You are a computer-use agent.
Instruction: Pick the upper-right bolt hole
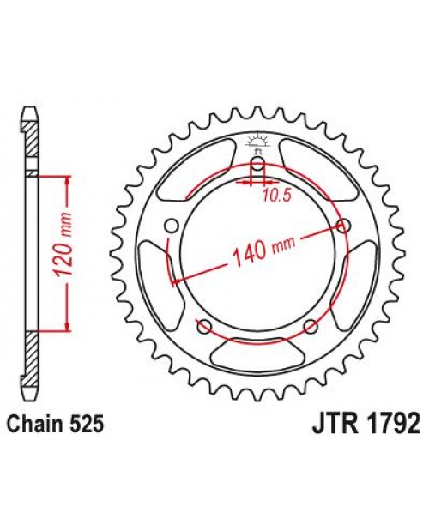(x=344, y=226)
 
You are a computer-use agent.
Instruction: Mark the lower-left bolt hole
(x=203, y=325)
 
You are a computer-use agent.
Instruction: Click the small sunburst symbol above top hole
(x=257, y=141)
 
